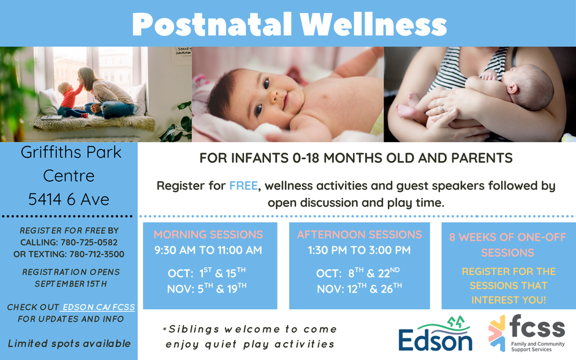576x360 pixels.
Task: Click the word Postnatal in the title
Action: click(x=212, y=24)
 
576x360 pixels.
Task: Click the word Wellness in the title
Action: click(x=373, y=24)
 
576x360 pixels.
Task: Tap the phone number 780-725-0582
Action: click(x=89, y=242)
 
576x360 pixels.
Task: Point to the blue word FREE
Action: click(x=243, y=186)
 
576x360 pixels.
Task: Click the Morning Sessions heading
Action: click(x=208, y=234)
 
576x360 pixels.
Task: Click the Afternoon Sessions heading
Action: click(x=359, y=234)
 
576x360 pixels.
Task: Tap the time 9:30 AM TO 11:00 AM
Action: click(x=208, y=250)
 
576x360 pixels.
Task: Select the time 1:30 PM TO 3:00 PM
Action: click(x=359, y=250)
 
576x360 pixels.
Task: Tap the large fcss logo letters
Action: click(x=537, y=326)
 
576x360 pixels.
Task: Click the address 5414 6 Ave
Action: click(x=69, y=200)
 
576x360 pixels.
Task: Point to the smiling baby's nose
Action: click(x=273, y=97)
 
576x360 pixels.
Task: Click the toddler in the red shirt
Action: click(x=70, y=100)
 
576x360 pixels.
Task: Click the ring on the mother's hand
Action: click(x=442, y=109)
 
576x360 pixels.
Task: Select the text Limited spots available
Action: click(x=69, y=344)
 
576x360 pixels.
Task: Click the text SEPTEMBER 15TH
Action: click(x=71, y=284)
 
